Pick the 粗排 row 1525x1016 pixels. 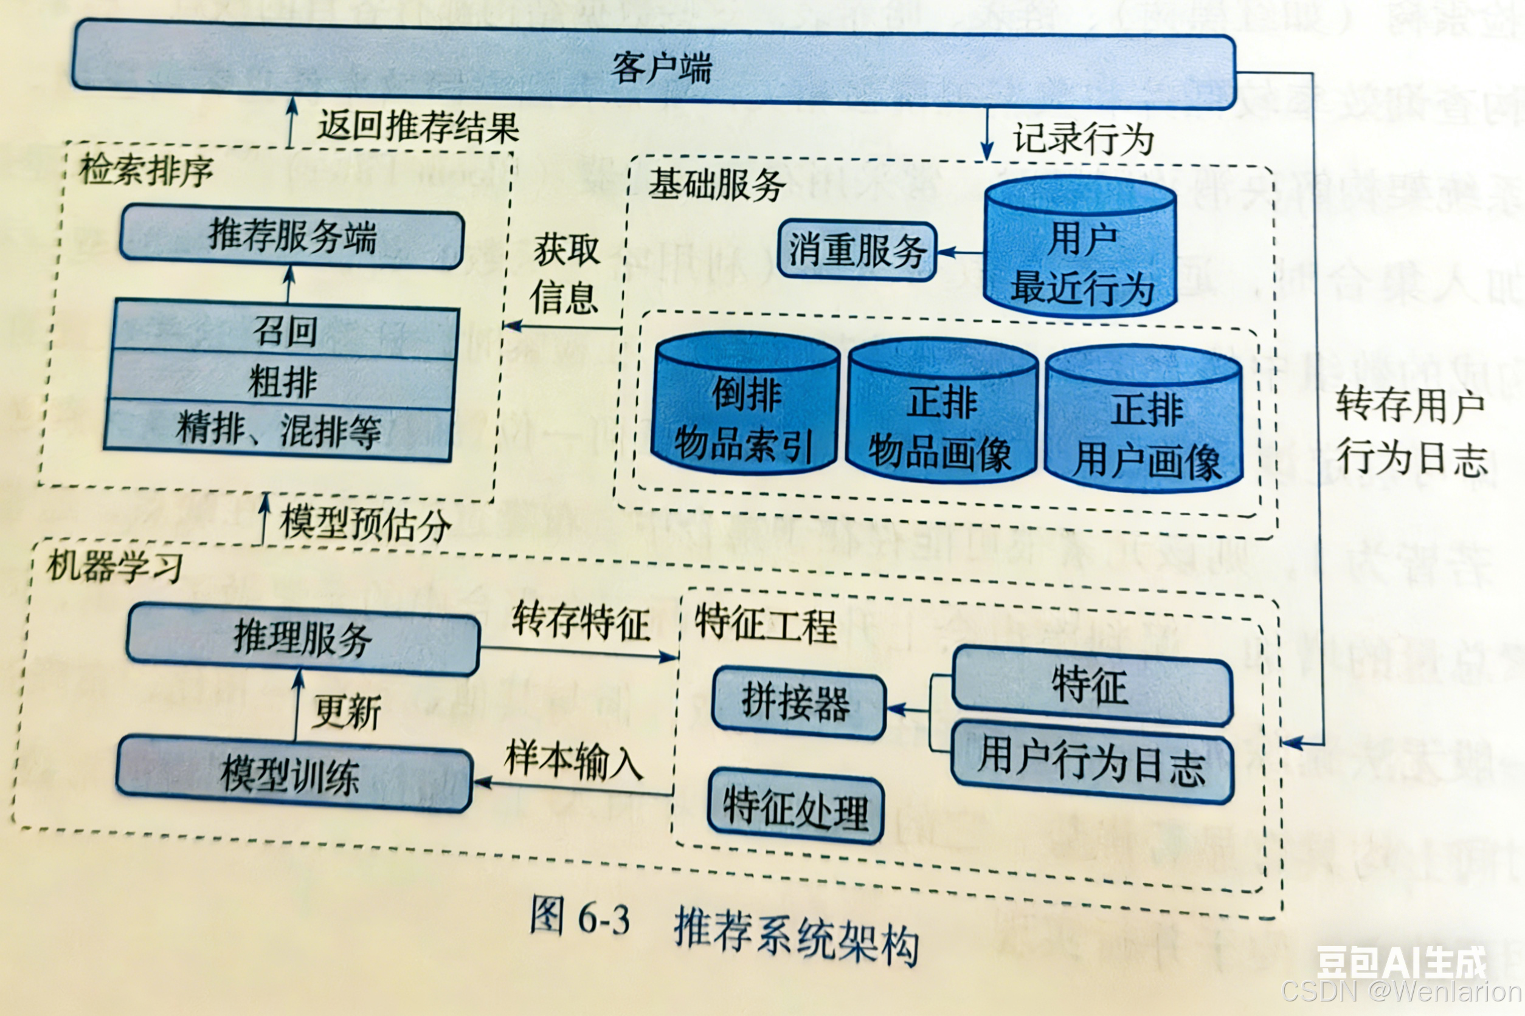[x=283, y=382]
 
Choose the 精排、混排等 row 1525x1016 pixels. [x=279, y=430]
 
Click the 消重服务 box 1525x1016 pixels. [x=857, y=252]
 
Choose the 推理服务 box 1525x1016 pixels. [x=303, y=639]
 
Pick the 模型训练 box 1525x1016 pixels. [x=293, y=775]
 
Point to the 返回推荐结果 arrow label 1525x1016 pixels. [x=418, y=126]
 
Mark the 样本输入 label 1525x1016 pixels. [x=573, y=760]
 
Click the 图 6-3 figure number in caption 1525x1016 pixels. [x=579, y=918]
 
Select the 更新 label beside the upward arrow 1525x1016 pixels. [x=346, y=712]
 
